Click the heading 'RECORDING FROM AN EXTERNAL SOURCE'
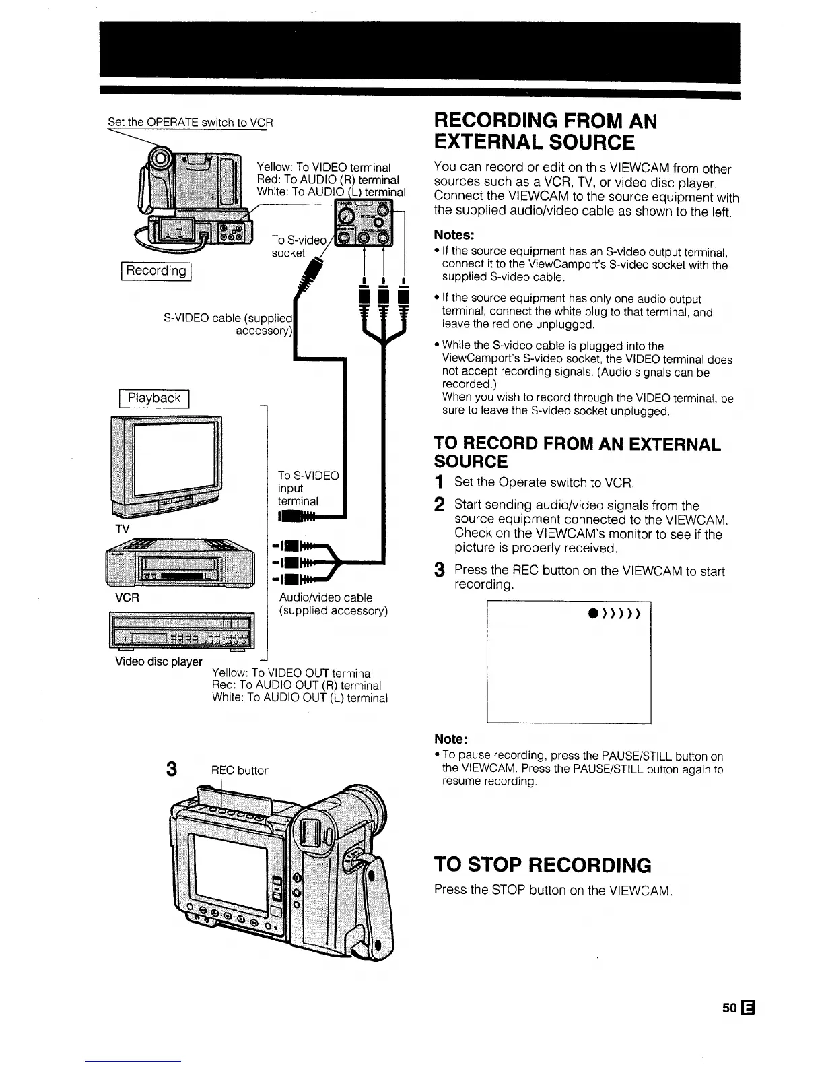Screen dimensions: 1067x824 pos(545,132)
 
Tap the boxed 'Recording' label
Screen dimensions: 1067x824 pos(156,271)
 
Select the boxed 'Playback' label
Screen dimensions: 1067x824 pos(154,398)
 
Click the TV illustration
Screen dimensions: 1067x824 pos(166,465)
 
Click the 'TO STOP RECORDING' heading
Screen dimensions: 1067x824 pos(543,865)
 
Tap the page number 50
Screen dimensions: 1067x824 pos(728,1008)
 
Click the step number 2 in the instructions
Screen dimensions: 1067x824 pos(439,505)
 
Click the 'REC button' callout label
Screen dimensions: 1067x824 pos(240,771)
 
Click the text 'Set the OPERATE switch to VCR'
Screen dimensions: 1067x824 pos(191,123)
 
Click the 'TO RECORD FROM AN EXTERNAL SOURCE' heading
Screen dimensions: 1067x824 pos(577,453)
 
